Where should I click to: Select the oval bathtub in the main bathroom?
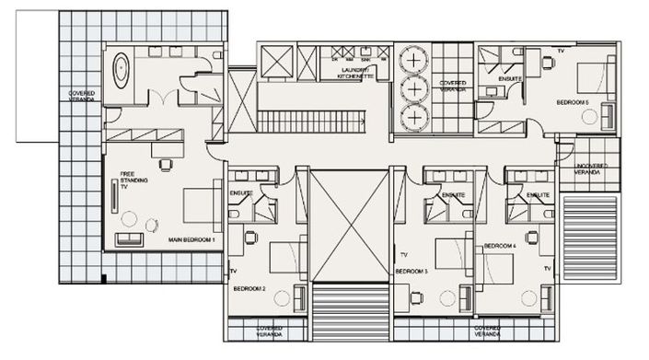tap(120, 70)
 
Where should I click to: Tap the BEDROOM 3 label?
tap(411, 272)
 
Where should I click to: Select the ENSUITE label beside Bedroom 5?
tap(509, 79)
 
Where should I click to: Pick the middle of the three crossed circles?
tap(415, 89)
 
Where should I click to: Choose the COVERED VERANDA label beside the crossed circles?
tap(452, 86)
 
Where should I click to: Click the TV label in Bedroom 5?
tap(560, 52)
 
